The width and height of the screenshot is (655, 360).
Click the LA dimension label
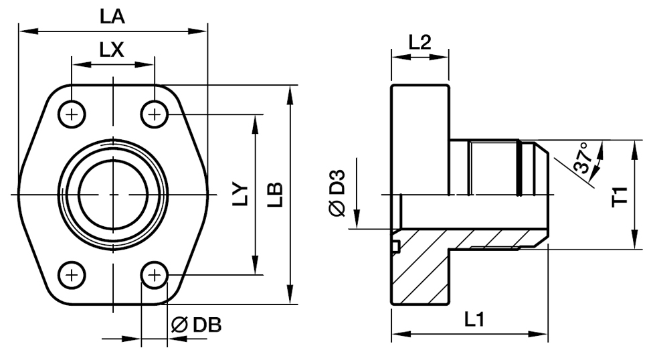coord(112,17)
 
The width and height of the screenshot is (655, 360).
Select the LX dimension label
coord(112,50)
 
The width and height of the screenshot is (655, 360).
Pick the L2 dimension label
coord(419,42)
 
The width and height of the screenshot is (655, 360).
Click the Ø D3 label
coord(337,194)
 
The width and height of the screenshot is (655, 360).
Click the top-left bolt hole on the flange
coord(72,114)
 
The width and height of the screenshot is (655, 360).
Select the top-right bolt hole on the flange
coord(155,114)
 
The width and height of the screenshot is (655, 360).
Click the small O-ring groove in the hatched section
coord(396,246)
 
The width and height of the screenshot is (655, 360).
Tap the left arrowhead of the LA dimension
coord(24,30)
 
